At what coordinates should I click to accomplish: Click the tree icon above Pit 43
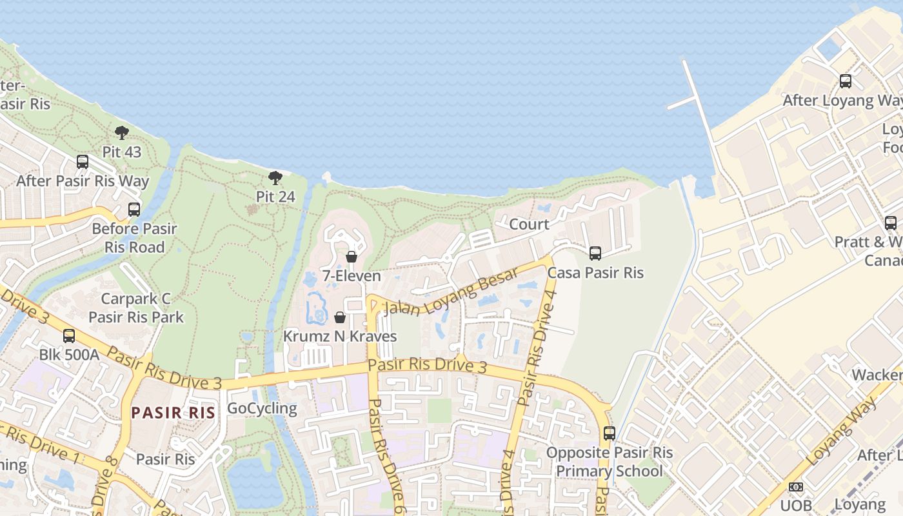(121, 134)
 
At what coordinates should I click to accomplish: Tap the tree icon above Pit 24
(275, 178)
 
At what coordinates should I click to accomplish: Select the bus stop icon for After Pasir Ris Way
(83, 162)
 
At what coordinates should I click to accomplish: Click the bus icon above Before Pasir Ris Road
(134, 210)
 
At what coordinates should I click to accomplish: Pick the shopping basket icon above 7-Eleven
(352, 257)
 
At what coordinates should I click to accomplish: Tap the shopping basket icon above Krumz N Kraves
(340, 317)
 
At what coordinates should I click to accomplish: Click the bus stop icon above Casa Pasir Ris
(595, 253)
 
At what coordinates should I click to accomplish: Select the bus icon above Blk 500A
(69, 336)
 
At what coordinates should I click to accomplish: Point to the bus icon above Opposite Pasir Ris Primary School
(610, 433)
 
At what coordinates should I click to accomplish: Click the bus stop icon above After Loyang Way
(846, 81)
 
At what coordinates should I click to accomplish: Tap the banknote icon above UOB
(796, 487)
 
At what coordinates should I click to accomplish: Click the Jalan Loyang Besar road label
(451, 292)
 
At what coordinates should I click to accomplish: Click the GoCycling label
(262, 408)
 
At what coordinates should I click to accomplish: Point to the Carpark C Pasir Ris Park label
(136, 308)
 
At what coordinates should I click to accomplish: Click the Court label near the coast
(529, 224)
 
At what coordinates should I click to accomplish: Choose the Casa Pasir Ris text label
(595, 273)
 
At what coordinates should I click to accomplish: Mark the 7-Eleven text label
(352, 276)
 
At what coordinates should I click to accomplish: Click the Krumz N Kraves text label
(340, 337)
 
